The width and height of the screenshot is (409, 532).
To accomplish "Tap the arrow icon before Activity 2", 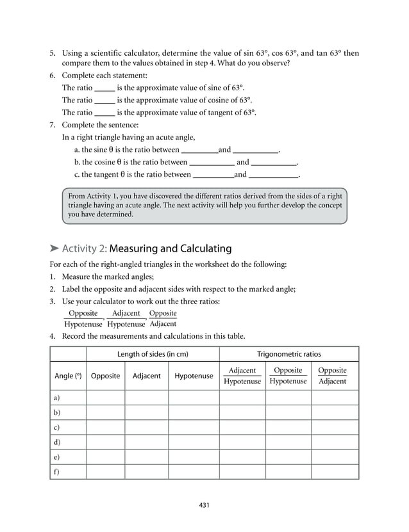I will pyautogui.click(x=54, y=248).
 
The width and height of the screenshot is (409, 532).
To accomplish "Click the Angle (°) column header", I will pyautogui.click(x=68, y=376).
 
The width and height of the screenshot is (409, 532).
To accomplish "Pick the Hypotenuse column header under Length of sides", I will pyautogui.click(x=194, y=376).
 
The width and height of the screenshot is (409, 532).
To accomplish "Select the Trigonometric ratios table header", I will pyautogui.click(x=288, y=353).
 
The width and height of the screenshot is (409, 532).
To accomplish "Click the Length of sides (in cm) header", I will pyautogui.click(x=153, y=353).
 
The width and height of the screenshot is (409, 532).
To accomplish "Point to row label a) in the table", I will pyautogui.click(x=57, y=398).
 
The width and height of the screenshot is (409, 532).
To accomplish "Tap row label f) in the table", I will pyautogui.click(x=57, y=472).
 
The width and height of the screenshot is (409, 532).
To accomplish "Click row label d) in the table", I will pyautogui.click(x=57, y=442).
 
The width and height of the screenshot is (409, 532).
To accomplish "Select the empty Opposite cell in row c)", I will pyautogui.click(x=105, y=427).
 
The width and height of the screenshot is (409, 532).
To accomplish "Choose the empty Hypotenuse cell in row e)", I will pyautogui.click(x=194, y=456).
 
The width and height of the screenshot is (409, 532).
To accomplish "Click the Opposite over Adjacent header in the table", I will pyautogui.click(x=332, y=376).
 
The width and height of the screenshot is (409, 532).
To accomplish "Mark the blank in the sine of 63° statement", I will pyautogui.click(x=104, y=88).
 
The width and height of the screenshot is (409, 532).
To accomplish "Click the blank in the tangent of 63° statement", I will pyautogui.click(x=104, y=113).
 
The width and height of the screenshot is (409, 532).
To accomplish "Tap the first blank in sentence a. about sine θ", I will pyautogui.click(x=200, y=150).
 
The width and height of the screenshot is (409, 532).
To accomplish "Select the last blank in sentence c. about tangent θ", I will pyautogui.click(x=273, y=175).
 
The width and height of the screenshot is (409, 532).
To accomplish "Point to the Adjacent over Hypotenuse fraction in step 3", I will pyautogui.click(x=126, y=318).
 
